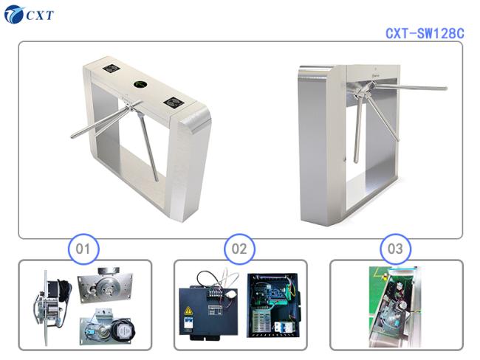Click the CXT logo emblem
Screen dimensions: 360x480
point(14,15)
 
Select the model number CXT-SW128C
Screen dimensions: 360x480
point(425,33)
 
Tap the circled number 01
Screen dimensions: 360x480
point(83,249)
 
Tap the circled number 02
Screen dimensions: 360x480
point(239,249)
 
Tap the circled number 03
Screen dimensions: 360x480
point(395,249)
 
